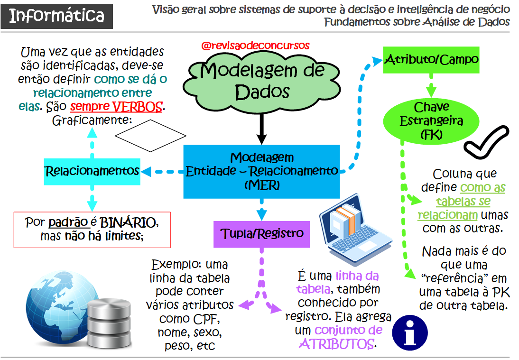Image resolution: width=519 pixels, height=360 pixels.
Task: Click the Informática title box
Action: [57, 16]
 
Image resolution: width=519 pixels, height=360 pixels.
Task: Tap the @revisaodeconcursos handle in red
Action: [255, 46]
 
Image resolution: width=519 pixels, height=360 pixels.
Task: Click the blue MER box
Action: [262, 171]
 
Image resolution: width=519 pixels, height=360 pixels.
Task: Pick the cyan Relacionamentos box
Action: [92, 171]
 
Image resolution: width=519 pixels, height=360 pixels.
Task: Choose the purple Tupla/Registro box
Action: [262, 234]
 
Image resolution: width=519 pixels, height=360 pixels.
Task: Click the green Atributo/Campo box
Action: [431, 60]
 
